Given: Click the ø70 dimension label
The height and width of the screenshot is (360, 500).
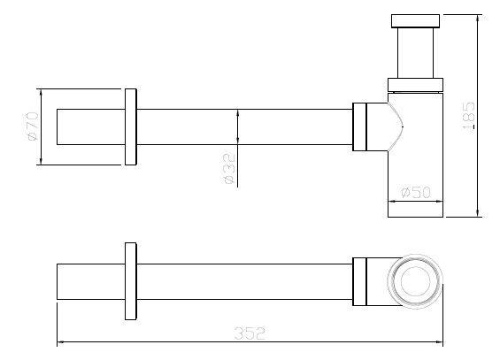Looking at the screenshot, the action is click(33, 126).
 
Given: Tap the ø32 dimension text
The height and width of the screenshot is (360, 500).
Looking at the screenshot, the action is click(229, 169).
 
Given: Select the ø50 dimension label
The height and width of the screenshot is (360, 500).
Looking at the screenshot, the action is click(416, 192).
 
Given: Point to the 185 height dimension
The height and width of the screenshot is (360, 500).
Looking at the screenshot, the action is click(469, 115).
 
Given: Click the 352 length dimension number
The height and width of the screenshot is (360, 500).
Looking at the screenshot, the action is click(250, 333).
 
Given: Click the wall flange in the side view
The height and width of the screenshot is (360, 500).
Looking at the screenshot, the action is click(131, 126).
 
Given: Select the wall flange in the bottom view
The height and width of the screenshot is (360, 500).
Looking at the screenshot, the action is click(131, 281).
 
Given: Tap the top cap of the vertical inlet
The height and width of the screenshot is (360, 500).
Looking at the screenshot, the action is click(415, 20).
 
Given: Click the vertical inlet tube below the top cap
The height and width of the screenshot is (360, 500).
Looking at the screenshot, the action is click(416, 53).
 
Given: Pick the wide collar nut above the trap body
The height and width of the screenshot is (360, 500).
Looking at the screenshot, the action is click(416, 85).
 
